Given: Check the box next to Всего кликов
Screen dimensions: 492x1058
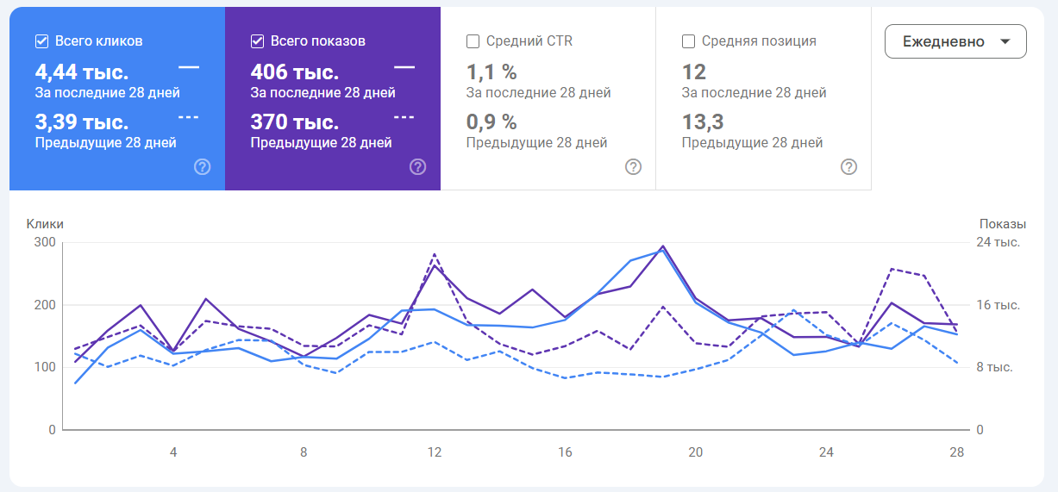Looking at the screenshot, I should tap(41, 40).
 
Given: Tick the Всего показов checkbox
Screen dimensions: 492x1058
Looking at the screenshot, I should tap(257, 40).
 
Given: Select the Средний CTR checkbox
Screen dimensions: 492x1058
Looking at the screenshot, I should tap(473, 40).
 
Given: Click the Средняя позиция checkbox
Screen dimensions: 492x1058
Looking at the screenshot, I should tap(688, 40).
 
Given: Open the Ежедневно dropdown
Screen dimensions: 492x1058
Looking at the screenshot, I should tap(955, 41).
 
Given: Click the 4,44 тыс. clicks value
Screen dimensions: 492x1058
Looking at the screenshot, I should tap(81, 72).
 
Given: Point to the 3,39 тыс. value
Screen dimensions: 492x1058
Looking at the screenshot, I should tap(81, 122).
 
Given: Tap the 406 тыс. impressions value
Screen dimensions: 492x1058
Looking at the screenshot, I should tap(294, 72).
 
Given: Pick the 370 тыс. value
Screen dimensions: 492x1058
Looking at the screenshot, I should tap(294, 122).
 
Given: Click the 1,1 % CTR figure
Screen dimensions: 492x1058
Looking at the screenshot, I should tap(491, 72).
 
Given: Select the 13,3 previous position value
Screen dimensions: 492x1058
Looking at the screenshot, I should tap(703, 122).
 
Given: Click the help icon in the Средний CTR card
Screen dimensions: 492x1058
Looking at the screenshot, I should tap(633, 167).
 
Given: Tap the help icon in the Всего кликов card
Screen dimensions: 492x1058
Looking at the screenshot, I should tap(202, 167).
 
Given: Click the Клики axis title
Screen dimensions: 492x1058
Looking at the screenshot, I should tap(45, 224).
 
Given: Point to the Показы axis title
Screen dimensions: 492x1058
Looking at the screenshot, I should tap(1003, 224).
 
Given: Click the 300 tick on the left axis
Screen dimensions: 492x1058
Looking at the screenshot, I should tap(45, 242).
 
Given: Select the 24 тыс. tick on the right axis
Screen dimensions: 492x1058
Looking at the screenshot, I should tap(998, 242).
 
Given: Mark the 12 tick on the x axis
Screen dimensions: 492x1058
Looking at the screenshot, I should tap(435, 452).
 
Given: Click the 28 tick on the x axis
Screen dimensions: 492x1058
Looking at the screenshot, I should tap(956, 452).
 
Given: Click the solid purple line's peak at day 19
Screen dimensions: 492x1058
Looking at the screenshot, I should tap(662, 246).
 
